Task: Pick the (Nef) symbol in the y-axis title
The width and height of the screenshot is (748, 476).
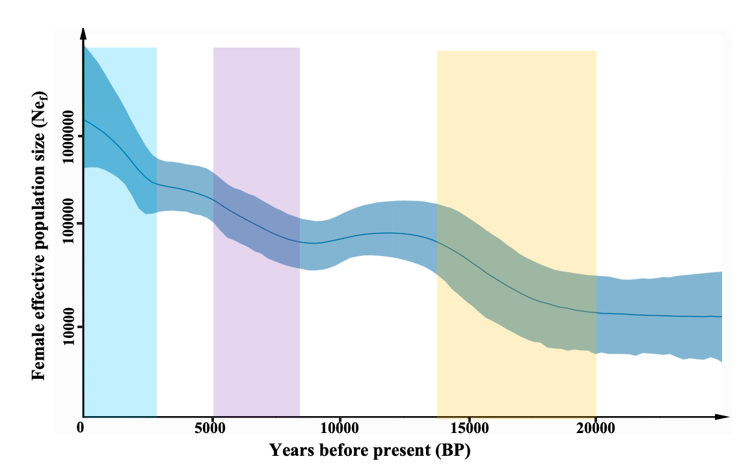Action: [38, 105]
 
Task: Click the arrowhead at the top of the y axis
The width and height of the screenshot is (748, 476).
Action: [83, 33]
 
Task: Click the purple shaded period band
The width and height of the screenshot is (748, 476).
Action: [256, 130]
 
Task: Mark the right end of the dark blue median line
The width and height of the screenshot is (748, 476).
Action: [721, 316]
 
